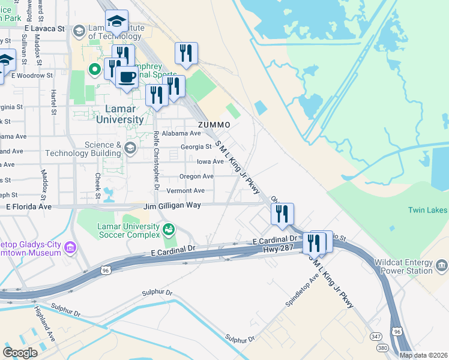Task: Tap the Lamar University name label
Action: click(120, 114)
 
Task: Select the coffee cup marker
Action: click(127, 77)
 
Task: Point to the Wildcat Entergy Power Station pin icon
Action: click(442, 265)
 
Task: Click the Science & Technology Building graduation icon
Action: click(130, 148)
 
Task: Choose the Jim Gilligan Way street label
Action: click(172, 206)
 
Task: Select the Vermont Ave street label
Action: click(185, 191)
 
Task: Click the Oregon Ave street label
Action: click(197, 176)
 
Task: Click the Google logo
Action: click(20, 353)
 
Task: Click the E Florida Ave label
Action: click(29, 206)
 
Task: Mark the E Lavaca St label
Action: click(44, 28)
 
